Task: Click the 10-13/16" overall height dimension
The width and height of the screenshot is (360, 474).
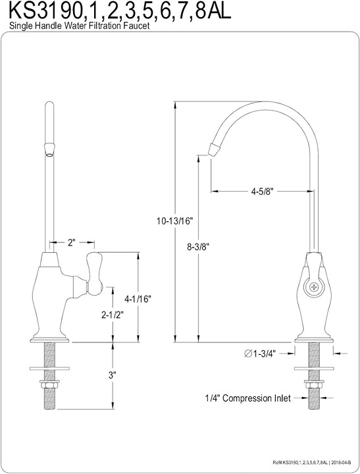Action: click(x=174, y=221)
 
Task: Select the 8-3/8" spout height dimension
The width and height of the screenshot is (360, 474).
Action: click(x=198, y=247)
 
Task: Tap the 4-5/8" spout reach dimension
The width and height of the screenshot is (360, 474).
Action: click(x=262, y=192)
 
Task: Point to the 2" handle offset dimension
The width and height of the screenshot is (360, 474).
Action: click(x=71, y=242)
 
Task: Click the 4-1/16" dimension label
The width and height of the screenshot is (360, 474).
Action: click(x=138, y=299)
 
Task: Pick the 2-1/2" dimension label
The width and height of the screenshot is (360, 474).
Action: click(x=113, y=315)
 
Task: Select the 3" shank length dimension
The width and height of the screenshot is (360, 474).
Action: click(x=113, y=375)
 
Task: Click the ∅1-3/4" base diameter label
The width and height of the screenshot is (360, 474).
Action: click(x=260, y=353)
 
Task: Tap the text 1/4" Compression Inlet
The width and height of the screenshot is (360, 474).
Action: click(x=248, y=398)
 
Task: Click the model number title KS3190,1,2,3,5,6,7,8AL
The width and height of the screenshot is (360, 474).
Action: click(x=120, y=11)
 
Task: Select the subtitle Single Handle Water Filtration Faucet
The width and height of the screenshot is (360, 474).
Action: click(x=79, y=26)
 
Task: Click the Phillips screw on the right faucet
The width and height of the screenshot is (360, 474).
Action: click(x=314, y=286)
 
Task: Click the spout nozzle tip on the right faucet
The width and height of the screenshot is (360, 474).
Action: click(x=214, y=149)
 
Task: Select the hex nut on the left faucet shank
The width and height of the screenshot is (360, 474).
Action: click(x=49, y=386)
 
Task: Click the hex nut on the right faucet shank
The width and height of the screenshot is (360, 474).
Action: click(x=314, y=386)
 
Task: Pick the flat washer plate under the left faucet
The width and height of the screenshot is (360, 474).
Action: click(x=49, y=369)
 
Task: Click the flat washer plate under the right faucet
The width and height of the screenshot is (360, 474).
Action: click(x=314, y=369)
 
